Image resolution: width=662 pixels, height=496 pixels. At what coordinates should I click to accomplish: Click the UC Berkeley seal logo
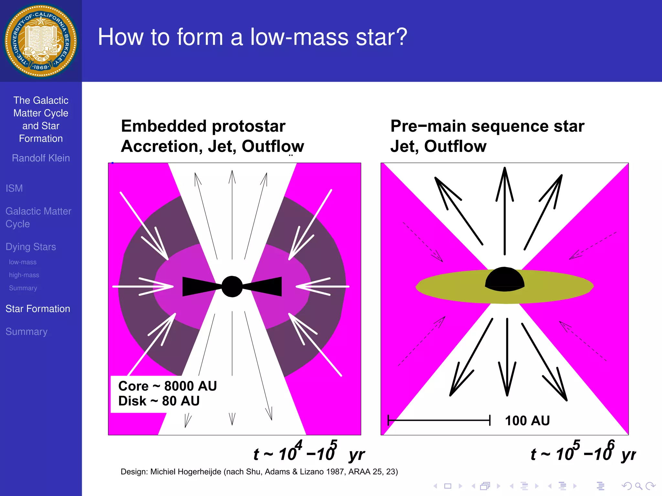(40, 41)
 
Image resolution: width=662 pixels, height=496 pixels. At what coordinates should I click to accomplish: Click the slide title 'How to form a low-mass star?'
(252, 37)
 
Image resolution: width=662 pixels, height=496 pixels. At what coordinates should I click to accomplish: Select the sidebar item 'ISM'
(14, 188)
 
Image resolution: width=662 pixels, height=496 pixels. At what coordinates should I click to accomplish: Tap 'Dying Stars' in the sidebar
(31, 247)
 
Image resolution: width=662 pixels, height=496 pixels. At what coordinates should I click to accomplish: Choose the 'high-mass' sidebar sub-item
(24, 275)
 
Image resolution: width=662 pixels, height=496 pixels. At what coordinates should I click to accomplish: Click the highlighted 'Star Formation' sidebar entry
(38, 309)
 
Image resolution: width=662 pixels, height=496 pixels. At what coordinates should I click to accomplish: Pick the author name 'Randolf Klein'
(41, 158)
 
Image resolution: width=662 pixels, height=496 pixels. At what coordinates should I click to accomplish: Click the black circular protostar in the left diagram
(232, 286)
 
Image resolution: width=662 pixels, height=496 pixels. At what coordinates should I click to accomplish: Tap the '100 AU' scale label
(527, 421)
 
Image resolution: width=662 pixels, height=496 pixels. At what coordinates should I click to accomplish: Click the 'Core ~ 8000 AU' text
(167, 386)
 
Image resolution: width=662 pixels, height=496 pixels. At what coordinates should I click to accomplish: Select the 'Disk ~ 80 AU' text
(159, 401)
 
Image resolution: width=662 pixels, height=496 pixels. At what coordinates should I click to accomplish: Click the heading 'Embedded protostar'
(203, 126)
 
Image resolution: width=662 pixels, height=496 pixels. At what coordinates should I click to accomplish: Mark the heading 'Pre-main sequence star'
(487, 126)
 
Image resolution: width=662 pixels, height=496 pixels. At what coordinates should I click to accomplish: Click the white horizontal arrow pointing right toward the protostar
(142, 286)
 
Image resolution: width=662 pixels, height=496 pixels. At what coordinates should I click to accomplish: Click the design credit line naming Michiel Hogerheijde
(259, 472)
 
